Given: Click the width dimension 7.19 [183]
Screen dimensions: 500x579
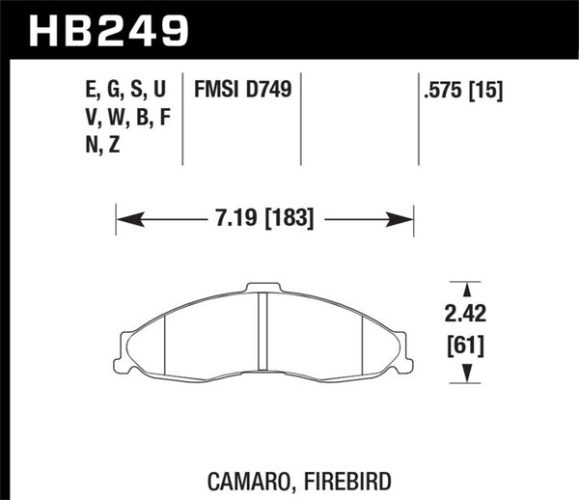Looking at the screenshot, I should tap(264, 219).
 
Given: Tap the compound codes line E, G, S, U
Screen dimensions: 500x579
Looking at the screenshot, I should tap(125, 92).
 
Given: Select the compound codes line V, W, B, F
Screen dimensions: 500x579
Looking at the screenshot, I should tap(126, 119).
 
